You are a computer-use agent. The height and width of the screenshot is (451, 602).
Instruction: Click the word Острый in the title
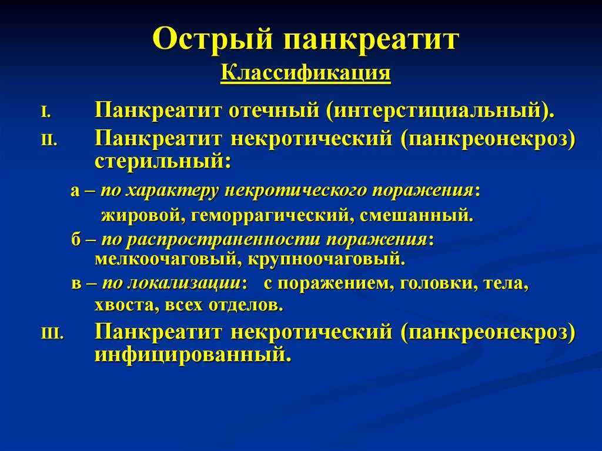(x=213, y=38)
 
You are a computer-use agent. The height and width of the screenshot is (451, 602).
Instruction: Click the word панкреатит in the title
(x=371, y=38)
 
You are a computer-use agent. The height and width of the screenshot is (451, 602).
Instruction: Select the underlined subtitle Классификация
(x=306, y=73)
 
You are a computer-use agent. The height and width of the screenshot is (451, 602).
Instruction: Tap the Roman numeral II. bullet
(x=49, y=141)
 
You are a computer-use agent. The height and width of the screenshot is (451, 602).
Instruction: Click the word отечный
(x=274, y=111)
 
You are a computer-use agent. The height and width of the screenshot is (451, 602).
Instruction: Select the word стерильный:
(x=163, y=161)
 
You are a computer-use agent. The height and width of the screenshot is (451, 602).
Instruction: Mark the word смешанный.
(x=417, y=216)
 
